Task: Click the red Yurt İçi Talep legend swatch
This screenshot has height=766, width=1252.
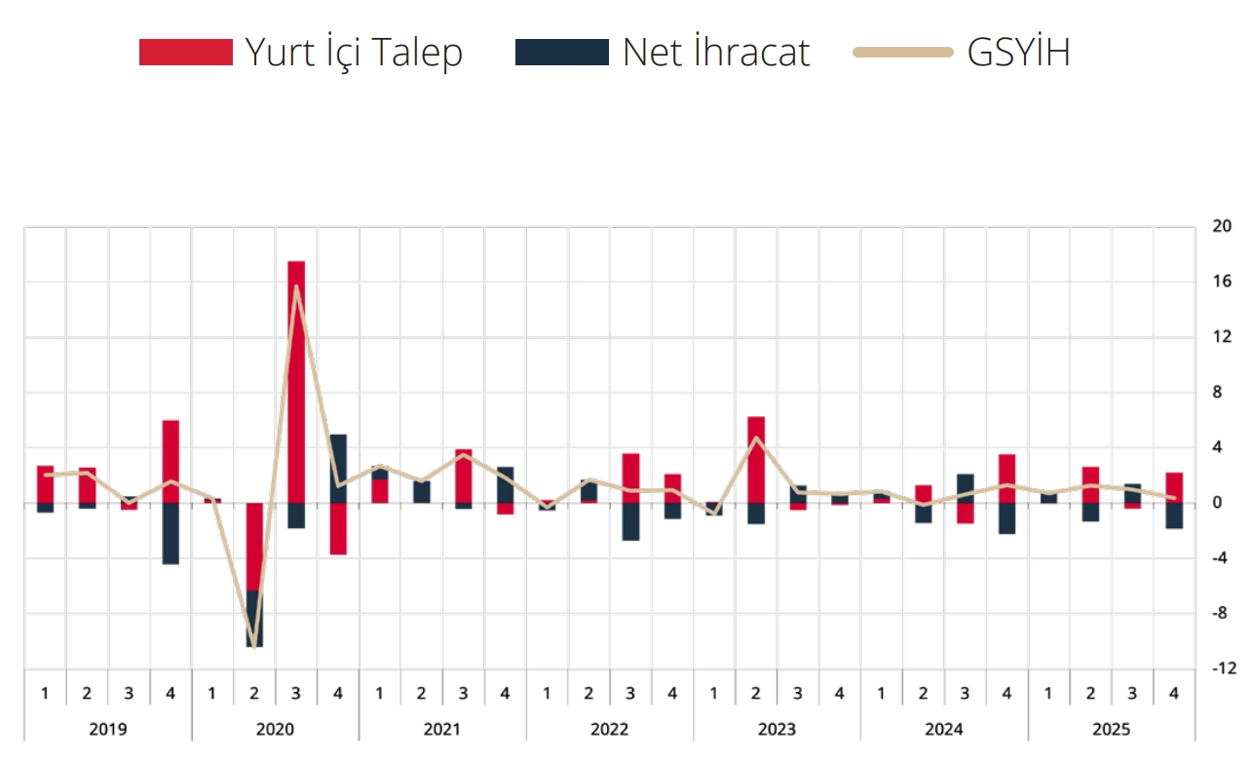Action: [186, 53]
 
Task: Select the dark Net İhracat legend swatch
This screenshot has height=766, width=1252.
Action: [561, 53]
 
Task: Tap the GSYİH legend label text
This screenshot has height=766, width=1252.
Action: [1018, 53]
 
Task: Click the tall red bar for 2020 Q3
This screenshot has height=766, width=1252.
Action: [296, 380]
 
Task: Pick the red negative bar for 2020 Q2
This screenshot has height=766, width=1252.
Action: [254, 546]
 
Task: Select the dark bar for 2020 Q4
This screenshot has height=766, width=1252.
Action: [338, 468]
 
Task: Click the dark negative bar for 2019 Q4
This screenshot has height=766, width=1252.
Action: [171, 533]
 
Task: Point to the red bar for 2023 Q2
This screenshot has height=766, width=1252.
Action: [756, 459]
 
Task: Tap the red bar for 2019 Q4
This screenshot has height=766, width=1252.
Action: [171, 461]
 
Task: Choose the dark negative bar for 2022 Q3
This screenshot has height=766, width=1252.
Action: [630, 521]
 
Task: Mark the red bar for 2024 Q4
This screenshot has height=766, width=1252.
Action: [1006, 479]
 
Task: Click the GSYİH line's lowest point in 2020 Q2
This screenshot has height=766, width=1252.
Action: [254, 645]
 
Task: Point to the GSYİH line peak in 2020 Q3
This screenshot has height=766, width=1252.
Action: [296, 287]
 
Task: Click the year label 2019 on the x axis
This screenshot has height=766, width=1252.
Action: [107, 729]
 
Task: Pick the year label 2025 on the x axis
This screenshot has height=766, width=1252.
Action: [1111, 729]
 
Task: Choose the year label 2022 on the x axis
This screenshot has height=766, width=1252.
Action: [609, 729]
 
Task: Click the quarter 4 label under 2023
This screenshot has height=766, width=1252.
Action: [839, 694]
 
